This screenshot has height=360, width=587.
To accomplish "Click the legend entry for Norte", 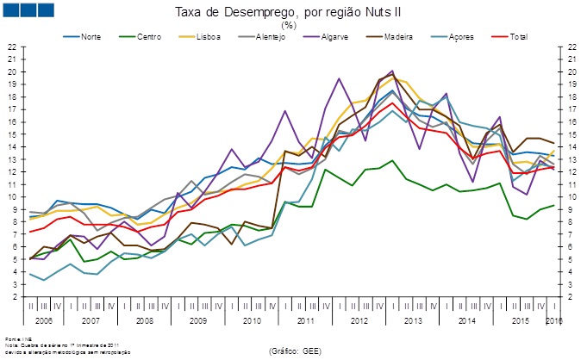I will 89,38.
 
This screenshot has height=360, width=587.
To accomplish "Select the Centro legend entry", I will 147,38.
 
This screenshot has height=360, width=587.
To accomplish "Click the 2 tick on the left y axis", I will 12,297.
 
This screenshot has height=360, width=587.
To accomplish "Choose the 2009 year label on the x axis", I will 197,319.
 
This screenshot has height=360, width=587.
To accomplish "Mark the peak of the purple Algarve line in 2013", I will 392,71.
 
